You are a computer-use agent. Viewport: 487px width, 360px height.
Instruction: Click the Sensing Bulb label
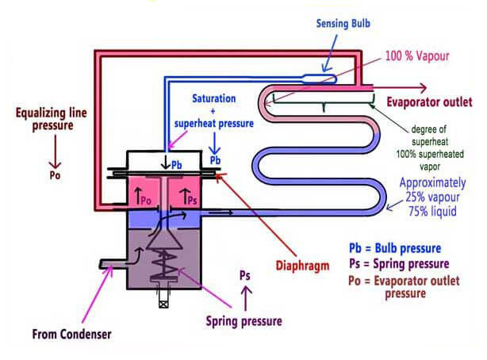tap(343, 24)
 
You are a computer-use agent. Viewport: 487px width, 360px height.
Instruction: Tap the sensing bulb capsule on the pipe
tap(320, 79)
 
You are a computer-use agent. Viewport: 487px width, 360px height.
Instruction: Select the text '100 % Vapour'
tap(417, 56)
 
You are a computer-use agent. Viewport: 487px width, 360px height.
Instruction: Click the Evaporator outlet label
tap(429, 101)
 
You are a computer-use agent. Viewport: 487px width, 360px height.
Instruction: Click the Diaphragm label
tap(302, 266)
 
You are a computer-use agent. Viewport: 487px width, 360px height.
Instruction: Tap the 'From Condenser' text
tap(71, 334)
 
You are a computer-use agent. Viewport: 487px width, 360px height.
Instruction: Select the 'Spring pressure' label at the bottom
tap(243, 321)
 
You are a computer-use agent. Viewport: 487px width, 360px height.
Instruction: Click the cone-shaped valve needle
tap(164, 239)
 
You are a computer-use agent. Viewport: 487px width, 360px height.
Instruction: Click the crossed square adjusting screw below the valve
tap(163, 303)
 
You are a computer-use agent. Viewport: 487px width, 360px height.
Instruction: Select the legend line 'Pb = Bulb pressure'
tap(395, 248)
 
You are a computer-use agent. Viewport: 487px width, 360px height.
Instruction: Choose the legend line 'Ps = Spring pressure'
tap(399, 264)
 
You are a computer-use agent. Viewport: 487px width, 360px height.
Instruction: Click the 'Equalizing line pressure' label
tap(52, 119)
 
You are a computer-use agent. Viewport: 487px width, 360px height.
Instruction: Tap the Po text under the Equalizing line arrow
tap(55, 175)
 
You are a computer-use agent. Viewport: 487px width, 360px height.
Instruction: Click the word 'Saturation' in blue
tap(213, 98)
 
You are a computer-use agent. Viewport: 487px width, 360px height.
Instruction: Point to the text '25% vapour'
tap(432, 197)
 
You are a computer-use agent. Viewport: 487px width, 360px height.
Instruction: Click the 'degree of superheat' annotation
tap(430, 136)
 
